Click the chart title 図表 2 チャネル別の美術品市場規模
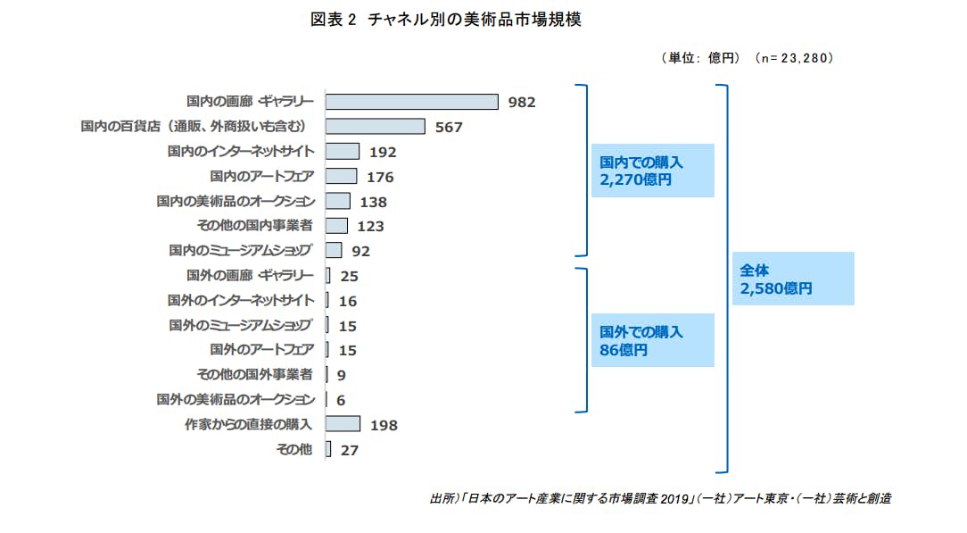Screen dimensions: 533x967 click(x=446, y=20)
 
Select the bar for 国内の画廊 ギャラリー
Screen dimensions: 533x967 click(x=412, y=102)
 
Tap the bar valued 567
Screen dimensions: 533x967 click(x=376, y=127)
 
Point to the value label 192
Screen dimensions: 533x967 click(x=382, y=153)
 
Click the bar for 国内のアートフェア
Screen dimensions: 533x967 click(x=342, y=176)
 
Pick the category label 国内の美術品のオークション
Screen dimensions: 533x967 click(x=236, y=201)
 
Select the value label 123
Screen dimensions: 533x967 click(x=370, y=227)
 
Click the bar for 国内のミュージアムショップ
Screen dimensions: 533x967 click(x=335, y=250)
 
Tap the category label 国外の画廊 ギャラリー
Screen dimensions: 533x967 click(x=250, y=275)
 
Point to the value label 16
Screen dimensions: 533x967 click(x=348, y=302)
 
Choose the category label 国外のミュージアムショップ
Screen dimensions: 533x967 click(x=241, y=325)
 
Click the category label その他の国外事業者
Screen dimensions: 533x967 click(x=254, y=374)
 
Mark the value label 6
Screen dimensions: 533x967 click(x=341, y=401)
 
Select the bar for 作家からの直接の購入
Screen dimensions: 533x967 click(x=343, y=424)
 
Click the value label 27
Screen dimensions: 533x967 click(x=349, y=451)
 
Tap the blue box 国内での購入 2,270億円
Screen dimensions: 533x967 click(x=652, y=171)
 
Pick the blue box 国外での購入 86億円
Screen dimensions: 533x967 click(x=652, y=340)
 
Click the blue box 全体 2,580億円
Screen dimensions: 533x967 click(x=793, y=279)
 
